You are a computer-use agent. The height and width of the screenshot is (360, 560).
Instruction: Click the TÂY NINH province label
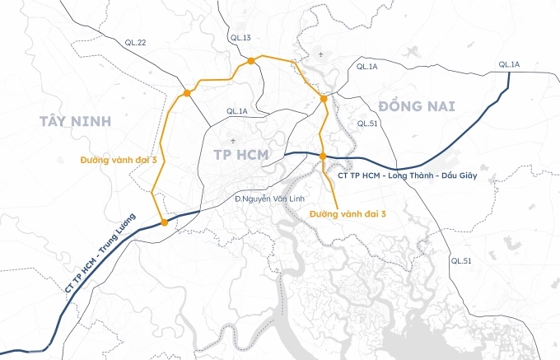tap(73, 122)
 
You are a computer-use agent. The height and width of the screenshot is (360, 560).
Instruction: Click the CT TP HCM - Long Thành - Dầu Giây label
tap(408, 175)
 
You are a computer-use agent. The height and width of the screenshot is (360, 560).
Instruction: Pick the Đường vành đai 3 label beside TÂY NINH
tap(118, 159)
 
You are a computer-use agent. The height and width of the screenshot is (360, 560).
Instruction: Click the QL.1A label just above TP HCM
tap(236, 111)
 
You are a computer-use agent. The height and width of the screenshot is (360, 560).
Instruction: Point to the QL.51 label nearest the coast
tap(461, 260)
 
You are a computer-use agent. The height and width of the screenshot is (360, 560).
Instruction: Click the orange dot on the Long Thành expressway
tap(323, 156)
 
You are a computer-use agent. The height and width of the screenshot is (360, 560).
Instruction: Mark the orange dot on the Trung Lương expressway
tap(164, 222)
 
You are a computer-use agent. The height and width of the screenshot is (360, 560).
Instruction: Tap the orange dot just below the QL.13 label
tap(248, 60)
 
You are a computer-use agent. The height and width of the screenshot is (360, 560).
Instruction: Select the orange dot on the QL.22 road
tap(188, 93)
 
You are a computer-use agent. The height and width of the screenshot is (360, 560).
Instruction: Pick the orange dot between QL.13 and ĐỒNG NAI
tap(324, 99)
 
